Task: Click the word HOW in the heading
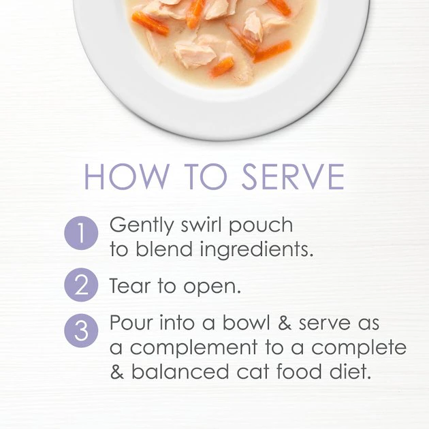tap(126, 176)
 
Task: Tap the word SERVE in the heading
tap(293, 176)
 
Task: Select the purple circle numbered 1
tap(81, 233)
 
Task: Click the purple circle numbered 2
tap(81, 285)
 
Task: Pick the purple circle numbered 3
tap(81, 330)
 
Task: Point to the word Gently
tap(142, 226)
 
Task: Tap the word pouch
tap(261, 227)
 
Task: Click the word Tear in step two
tap(130, 285)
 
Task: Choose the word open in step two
tap(212, 288)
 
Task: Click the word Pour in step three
tap(131, 322)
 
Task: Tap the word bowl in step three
tap(247, 322)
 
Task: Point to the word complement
tap(193, 349)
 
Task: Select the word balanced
tap(180, 370)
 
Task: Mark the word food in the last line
tap(299, 370)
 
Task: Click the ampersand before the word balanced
tap(117, 371)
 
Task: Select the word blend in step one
tap(164, 249)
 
